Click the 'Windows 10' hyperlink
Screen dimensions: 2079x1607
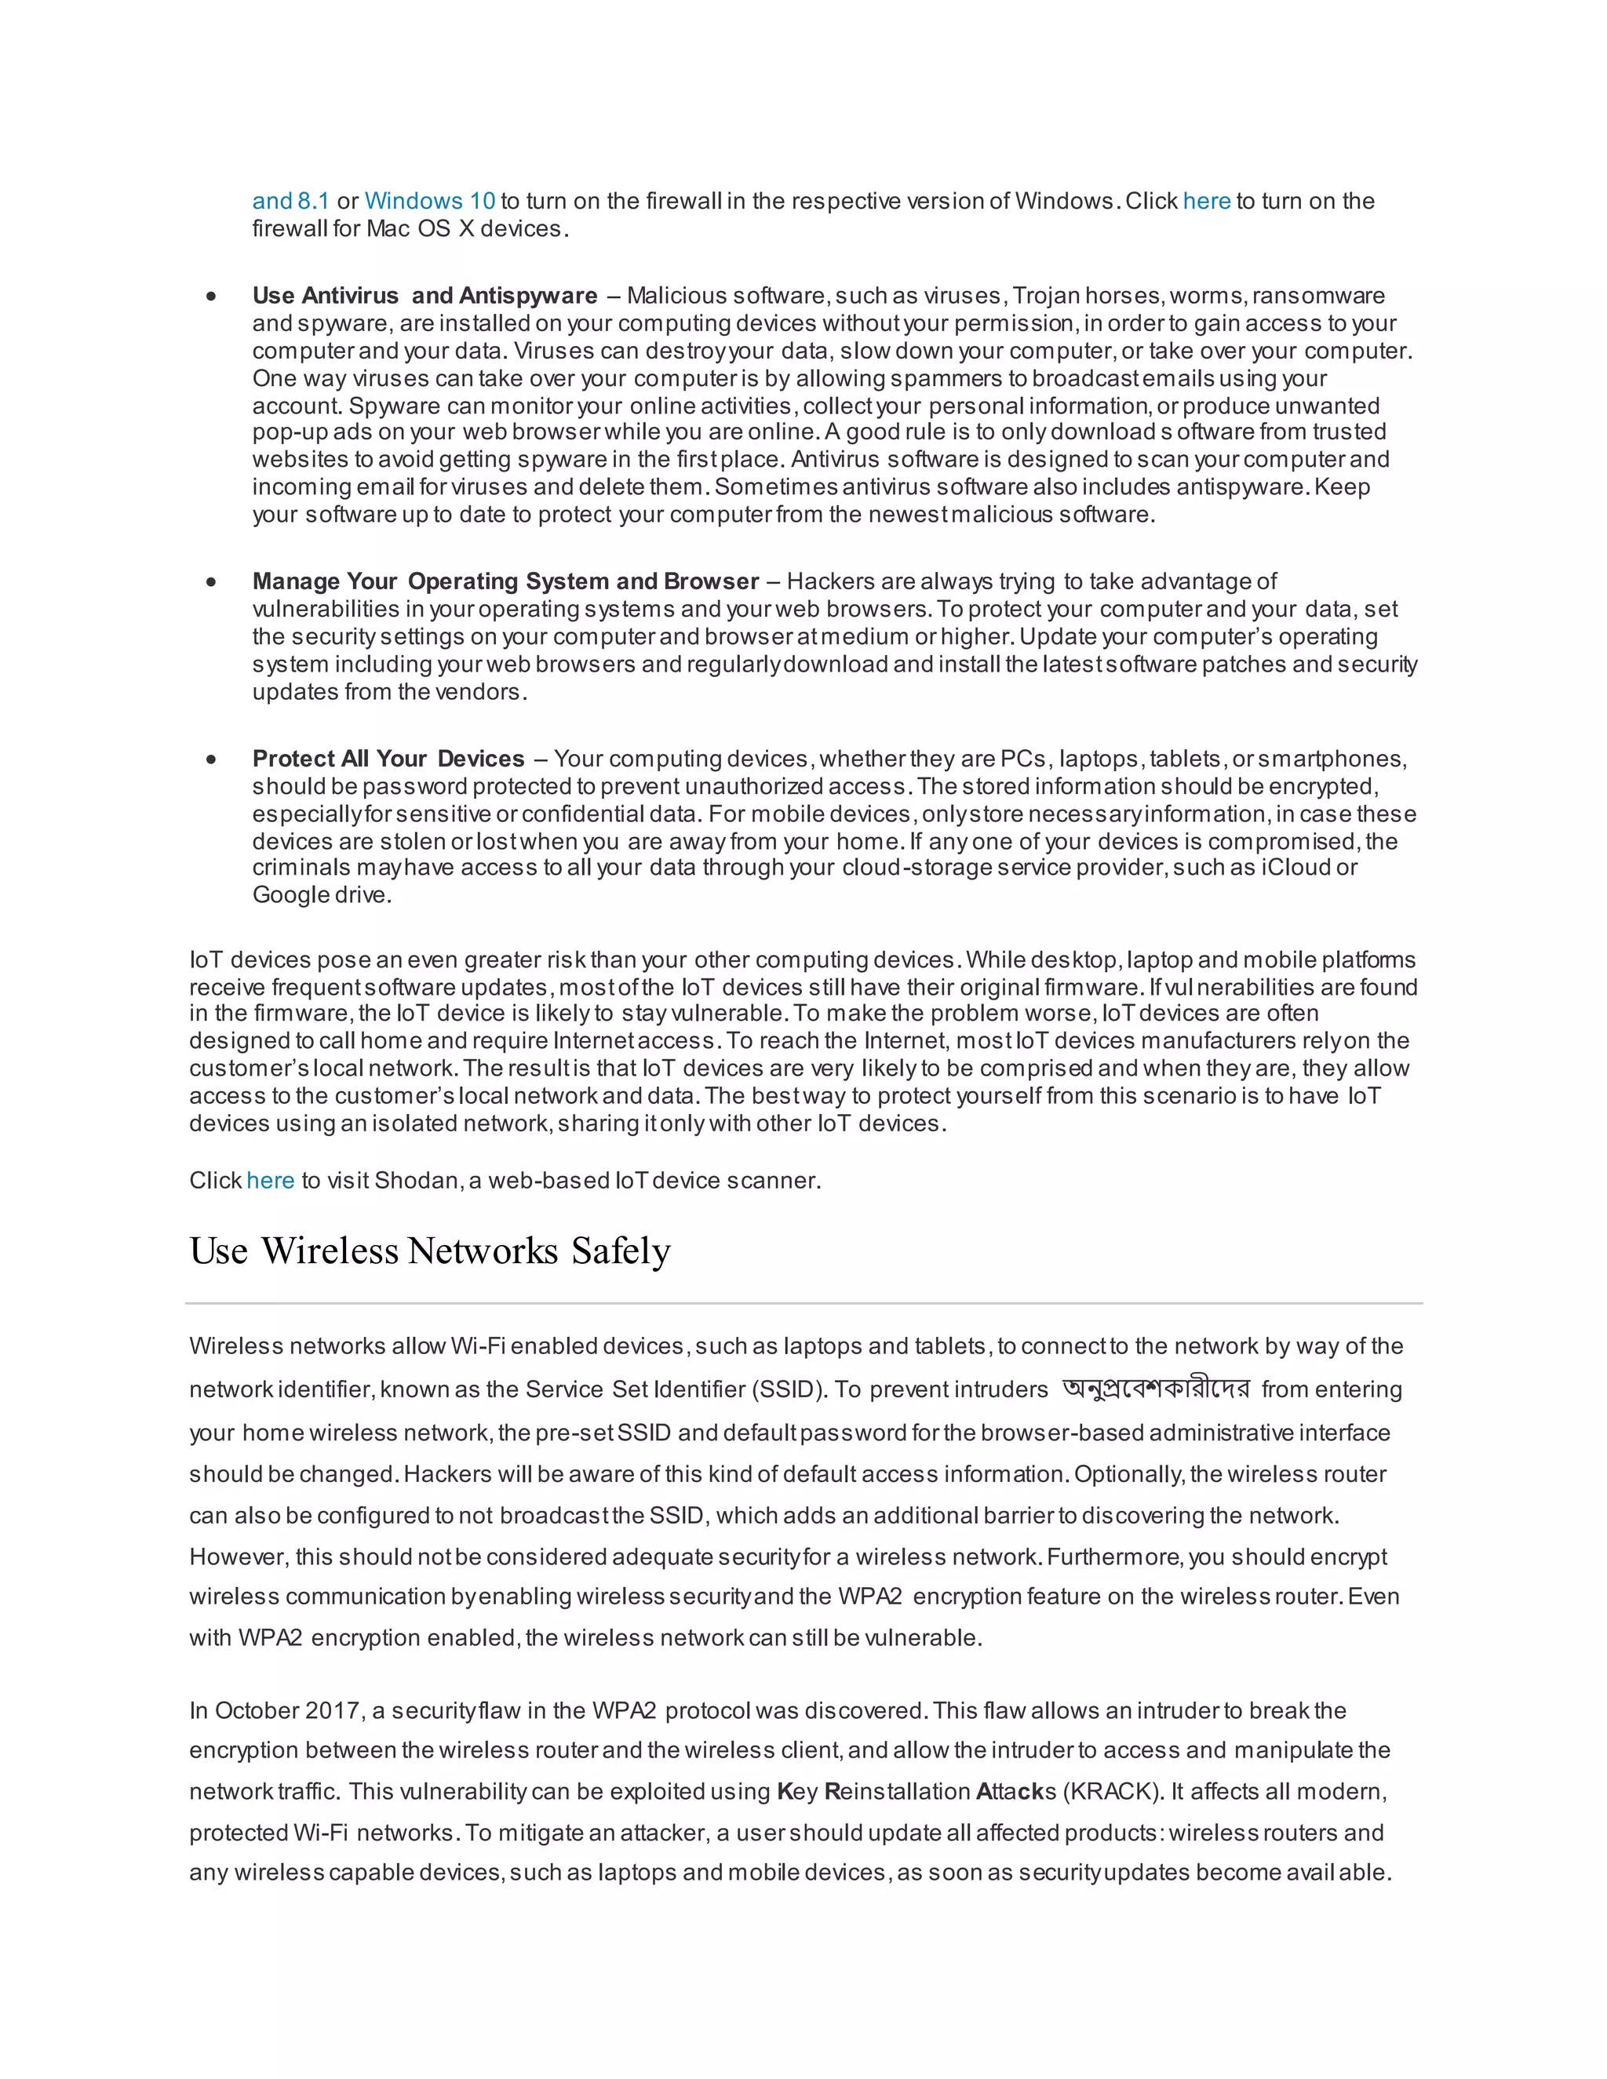(x=429, y=201)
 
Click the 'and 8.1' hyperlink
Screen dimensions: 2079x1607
(x=290, y=201)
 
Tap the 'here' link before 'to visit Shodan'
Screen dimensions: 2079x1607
(x=271, y=1181)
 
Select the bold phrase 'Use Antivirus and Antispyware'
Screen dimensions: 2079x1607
(x=425, y=296)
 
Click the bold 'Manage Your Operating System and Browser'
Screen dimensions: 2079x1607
(x=505, y=581)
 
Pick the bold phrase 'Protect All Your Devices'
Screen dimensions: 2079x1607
(x=388, y=759)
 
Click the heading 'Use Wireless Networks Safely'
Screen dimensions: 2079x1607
(x=430, y=1251)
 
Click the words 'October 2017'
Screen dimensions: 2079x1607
(x=286, y=1710)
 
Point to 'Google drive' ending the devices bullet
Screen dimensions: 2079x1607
(x=320, y=895)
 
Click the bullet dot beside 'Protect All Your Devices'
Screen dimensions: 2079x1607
(x=211, y=759)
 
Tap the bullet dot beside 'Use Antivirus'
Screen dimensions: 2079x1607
(x=211, y=297)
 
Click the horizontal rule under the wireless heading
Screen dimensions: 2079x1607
(x=803, y=1303)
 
